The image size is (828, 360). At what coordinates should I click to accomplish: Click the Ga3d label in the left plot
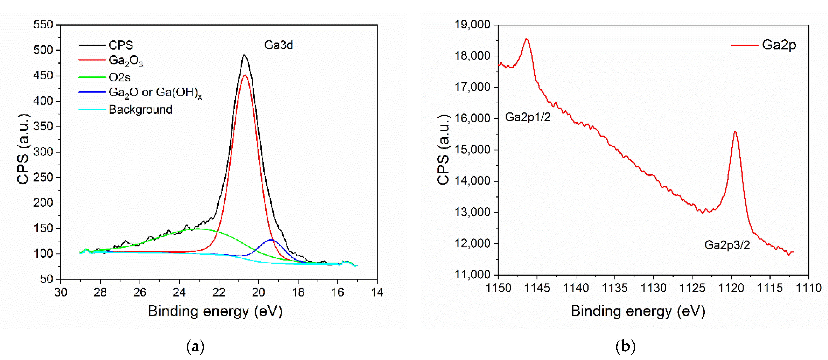pyautogui.click(x=278, y=45)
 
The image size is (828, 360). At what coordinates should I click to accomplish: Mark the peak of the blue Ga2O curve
pyautogui.click(x=272, y=240)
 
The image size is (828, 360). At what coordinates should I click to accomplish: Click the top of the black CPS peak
pyautogui.click(x=244, y=55)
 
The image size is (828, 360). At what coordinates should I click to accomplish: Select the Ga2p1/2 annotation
pyautogui.click(x=528, y=117)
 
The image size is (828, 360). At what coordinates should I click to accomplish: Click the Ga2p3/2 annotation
pyautogui.click(x=727, y=245)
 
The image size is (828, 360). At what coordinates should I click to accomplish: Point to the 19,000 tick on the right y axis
pyautogui.click(x=472, y=25)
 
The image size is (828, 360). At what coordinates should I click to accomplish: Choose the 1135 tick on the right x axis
pyautogui.click(x=614, y=288)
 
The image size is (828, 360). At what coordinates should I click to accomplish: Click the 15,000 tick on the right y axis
pyautogui.click(x=472, y=150)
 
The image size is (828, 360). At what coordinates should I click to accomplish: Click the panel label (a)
pyautogui.click(x=195, y=347)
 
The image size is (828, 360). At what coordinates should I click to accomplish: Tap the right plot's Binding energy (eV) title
pyautogui.click(x=638, y=311)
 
